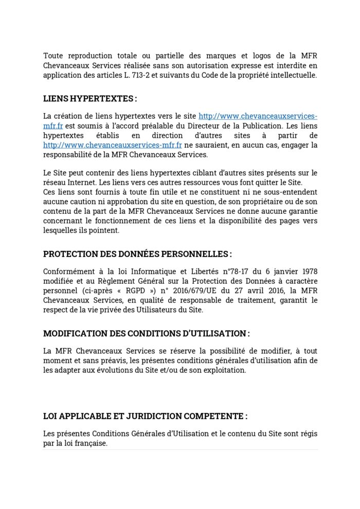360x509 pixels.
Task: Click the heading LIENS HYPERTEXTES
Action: [90, 98]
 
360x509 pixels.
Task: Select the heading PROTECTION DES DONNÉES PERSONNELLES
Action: [137, 254]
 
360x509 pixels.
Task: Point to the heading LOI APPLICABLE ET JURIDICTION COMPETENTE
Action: [146, 416]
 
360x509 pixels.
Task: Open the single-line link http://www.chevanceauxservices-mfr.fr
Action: [112, 145]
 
